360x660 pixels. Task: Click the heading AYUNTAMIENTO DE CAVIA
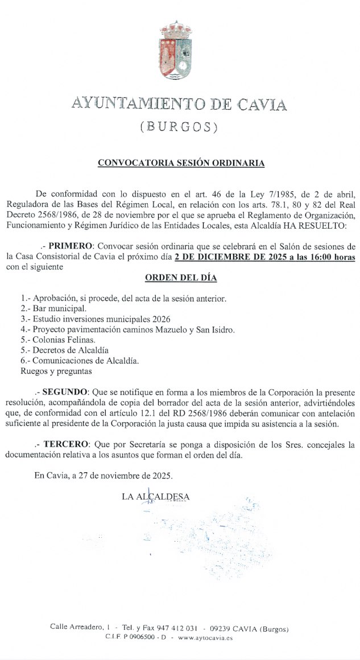click(179, 104)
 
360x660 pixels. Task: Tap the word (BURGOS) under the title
click(179, 127)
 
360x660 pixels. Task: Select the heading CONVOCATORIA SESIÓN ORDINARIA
click(181, 163)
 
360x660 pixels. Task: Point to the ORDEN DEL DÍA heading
click(181, 278)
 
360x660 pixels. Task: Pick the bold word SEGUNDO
click(65, 393)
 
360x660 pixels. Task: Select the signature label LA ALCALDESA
click(155, 497)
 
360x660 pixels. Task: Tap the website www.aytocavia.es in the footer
click(205, 638)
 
